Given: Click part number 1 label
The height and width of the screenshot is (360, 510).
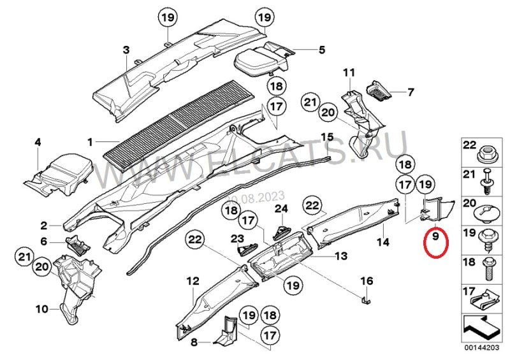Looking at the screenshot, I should [90, 141].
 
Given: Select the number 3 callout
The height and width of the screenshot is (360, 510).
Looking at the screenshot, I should [126, 49].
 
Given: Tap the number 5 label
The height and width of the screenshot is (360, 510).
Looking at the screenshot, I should [322, 49].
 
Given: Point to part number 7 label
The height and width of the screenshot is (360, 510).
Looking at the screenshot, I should [411, 92].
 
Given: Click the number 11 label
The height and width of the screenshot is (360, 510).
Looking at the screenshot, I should [349, 72].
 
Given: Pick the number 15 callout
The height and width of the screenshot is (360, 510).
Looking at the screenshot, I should [327, 137].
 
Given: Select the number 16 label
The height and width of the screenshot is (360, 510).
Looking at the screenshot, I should [367, 280].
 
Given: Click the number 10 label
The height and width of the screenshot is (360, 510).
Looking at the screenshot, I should [41, 310].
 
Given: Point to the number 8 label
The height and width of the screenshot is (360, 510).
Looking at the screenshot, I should [195, 342].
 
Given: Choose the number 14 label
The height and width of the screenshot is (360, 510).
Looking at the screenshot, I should [382, 242].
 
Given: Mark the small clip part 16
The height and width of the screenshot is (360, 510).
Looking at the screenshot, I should [366, 298].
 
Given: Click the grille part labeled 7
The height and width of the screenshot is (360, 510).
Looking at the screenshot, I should [381, 92].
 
